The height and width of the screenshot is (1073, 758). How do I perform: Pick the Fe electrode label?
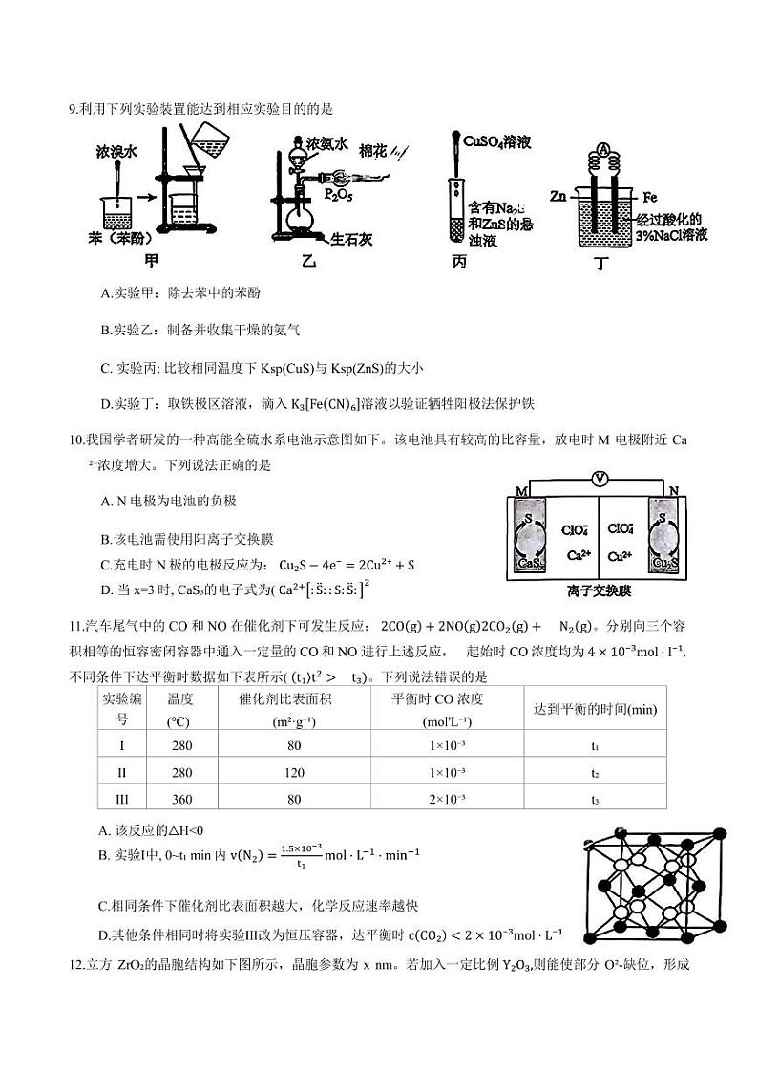[650, 197]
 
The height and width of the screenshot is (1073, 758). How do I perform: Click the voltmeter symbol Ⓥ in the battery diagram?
[599, 477]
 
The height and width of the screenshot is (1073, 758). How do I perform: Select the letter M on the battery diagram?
[521, 491]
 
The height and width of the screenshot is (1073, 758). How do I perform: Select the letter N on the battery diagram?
[674, 491]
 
